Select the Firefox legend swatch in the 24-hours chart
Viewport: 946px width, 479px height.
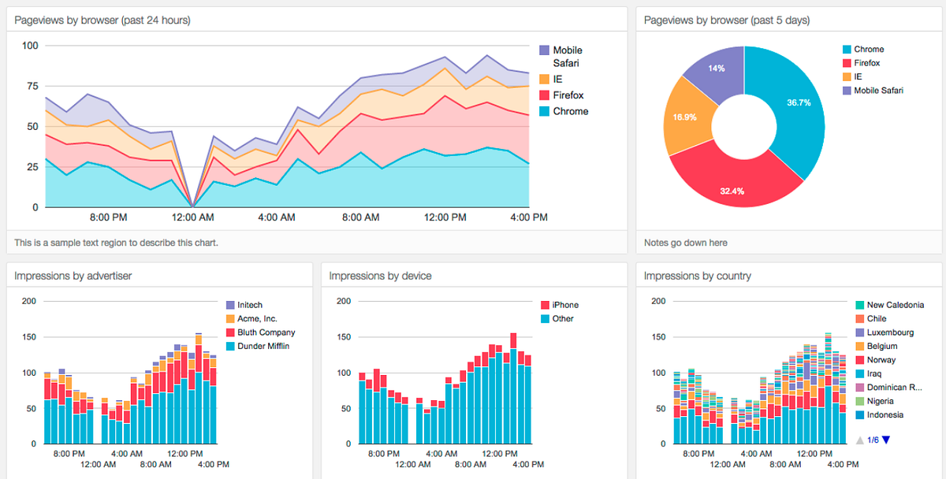(545, 95)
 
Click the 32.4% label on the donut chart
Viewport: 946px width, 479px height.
(731, 191)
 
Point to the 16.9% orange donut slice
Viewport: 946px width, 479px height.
(684, 118)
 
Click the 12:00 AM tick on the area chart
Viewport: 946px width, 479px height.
(192, 217)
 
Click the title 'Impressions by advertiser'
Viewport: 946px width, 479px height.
(73, 276)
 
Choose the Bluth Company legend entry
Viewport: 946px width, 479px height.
(266, 332)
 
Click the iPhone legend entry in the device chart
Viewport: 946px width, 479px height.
(564, 305)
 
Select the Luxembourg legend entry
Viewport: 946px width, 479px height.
(891, 332)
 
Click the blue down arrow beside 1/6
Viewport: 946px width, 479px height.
(886, 440)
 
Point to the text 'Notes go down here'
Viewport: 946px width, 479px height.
(685, 243)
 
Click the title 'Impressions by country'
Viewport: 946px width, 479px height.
(697, 276)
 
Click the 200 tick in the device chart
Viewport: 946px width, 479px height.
(344, 301)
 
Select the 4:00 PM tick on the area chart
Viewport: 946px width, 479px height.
(528, 217)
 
